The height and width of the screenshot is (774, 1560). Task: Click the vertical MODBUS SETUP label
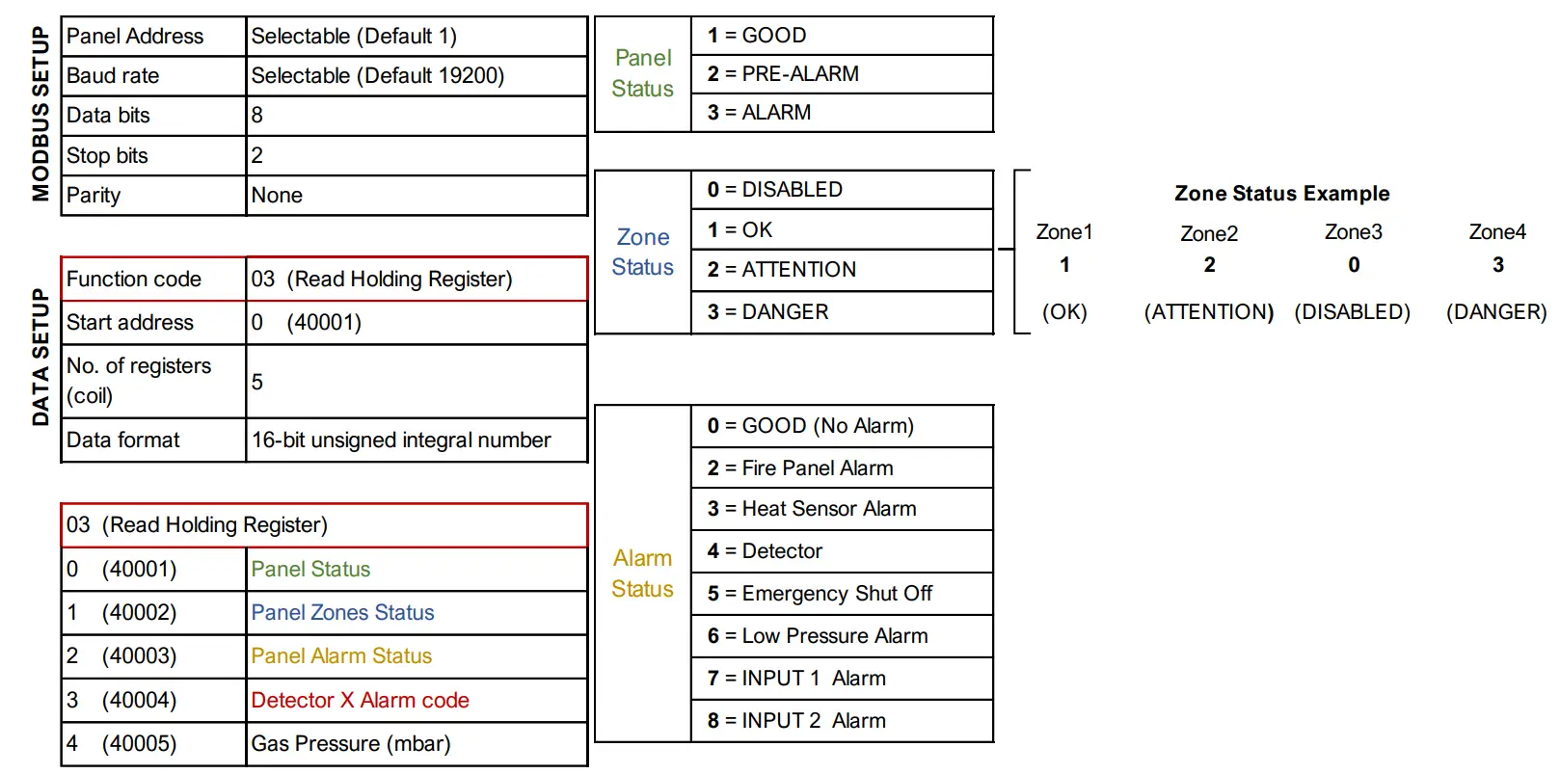point(40,114)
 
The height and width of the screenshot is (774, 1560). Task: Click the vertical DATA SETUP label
point(40,358)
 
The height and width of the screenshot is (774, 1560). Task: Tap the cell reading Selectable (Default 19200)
point(378,76)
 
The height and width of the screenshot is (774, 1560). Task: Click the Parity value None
point(277,196)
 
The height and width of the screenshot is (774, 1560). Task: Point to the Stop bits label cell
point(107,156)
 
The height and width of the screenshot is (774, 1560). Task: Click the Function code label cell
point(134,280)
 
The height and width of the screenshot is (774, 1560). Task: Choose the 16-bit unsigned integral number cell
point(401,440)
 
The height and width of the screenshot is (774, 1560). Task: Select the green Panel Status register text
point(310,570)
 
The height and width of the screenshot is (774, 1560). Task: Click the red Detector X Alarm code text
point(360,701)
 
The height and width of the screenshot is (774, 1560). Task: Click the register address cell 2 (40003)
point(121,656)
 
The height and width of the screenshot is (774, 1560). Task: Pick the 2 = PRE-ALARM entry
point(783,74)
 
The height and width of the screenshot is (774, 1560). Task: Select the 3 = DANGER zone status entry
point(767,312)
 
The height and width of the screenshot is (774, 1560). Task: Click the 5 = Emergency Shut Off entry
point(820,594)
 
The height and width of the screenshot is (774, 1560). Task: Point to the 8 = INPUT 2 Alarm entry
point(796,721)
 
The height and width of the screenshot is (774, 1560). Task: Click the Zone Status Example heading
point(1281,194)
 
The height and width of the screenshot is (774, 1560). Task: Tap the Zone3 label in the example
point(1353,232)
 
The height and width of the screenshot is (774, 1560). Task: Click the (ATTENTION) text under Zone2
point(1208,312)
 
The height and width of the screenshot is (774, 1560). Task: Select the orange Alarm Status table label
point(642,574)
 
